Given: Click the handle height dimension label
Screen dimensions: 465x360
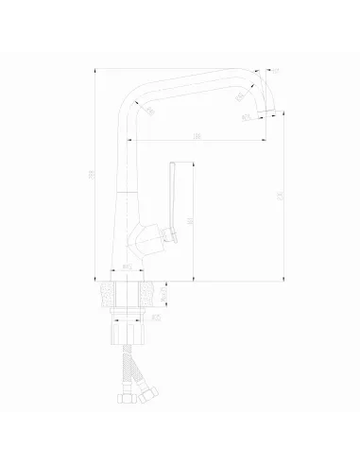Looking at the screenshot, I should pos(191,222).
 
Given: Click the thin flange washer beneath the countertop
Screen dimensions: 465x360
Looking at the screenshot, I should pos(128,309).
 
